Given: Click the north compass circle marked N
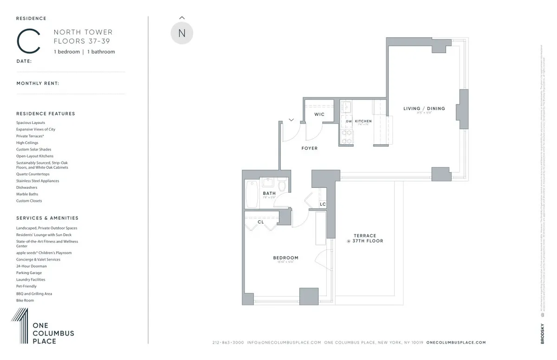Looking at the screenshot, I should pos(181,33).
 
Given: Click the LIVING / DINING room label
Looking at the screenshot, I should pos(424,109).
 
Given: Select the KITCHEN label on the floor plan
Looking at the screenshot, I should pos(363,121).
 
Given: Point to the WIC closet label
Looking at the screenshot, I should pos(319,114).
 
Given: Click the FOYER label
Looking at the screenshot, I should pos(310,148).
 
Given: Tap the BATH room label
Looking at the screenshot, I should pos(269,193).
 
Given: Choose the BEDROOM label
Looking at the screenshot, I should pos(285,258).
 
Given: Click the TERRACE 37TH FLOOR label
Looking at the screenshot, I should pos(365,238).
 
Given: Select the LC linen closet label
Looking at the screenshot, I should pos(323,205).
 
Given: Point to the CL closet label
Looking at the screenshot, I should pos(261,222).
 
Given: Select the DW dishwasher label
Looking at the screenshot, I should pos(349,121).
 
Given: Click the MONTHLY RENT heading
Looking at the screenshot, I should pos(38,84).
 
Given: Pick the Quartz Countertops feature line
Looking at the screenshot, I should pos(32,174).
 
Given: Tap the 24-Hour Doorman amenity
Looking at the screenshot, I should pos(32,266).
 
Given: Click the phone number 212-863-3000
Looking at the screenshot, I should pos(228,342).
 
